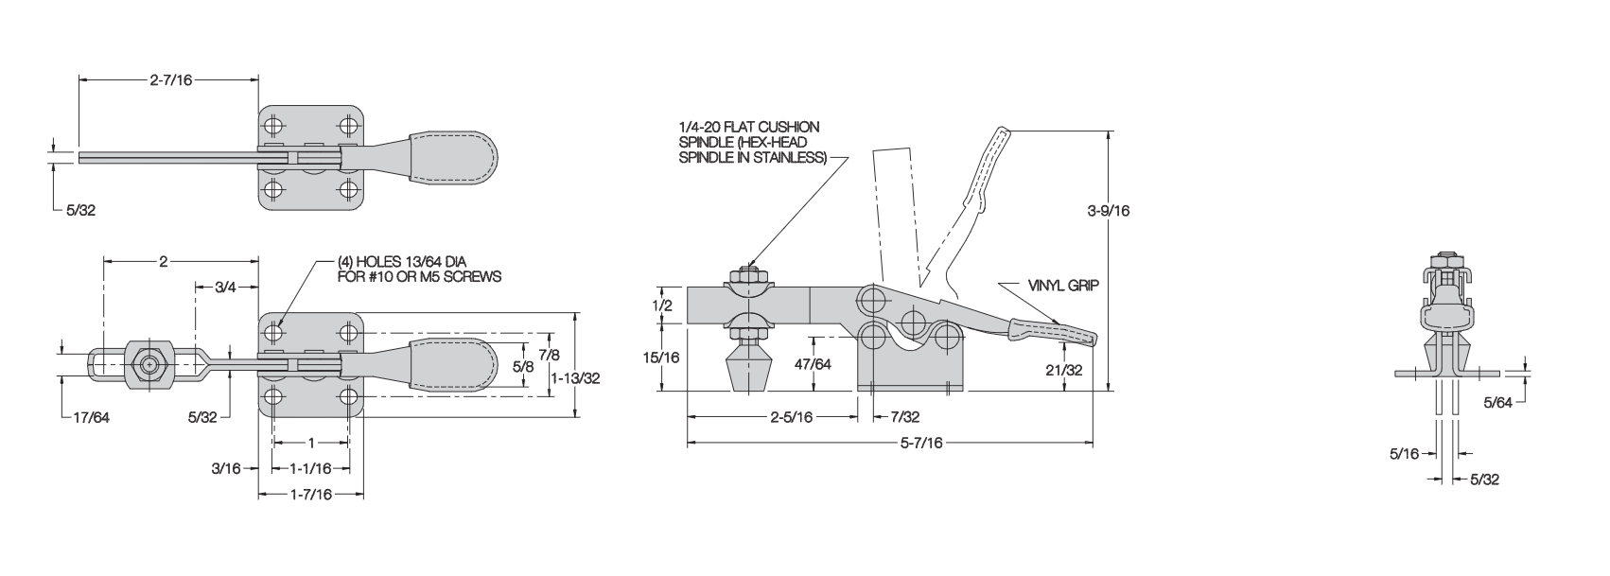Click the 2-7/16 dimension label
(x=170, y=80)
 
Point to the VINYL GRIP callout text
(x=1063, y=284)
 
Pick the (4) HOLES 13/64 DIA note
(x=419, y=270)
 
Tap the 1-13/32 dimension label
(x=575, y=376)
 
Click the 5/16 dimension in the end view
(x=1405, y=454)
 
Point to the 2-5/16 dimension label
(x=790, y=416)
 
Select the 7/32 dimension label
(x=903, y=416)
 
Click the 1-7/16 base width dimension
(x=311, y=494)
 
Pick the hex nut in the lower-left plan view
(x=148, y=364)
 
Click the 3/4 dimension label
(x=225, y=287)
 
